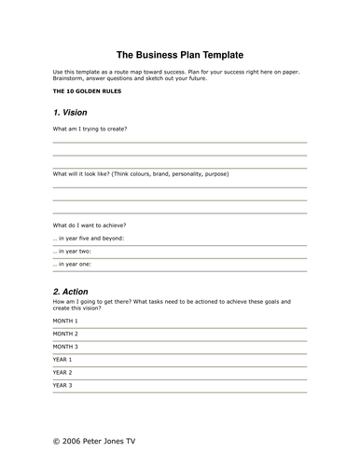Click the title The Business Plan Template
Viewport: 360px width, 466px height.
click(179, 55)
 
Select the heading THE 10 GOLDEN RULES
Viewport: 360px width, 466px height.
click(87, 91)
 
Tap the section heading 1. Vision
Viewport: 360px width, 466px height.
click(71, 112)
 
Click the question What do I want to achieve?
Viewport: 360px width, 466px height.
click(90, 226)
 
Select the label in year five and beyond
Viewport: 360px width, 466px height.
click(89, 239)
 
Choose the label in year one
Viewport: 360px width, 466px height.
click(73, 265)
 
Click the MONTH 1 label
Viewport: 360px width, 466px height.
click(65, 321)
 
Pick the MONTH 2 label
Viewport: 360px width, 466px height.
click(65, 334)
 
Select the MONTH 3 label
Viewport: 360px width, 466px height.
click(65, 347)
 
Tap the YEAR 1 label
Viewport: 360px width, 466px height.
click(62, 360)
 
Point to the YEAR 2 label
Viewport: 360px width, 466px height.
click(62, 373)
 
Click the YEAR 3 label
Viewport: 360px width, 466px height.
click(62, 386)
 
